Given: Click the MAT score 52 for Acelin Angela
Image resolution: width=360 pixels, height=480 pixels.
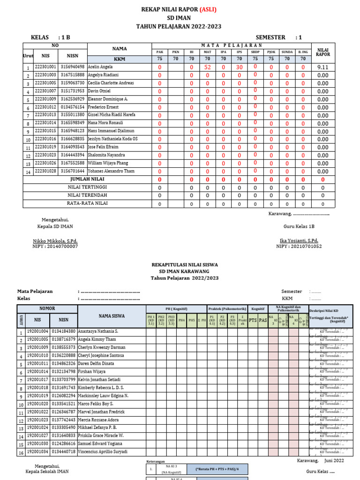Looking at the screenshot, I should [x=207, y=67].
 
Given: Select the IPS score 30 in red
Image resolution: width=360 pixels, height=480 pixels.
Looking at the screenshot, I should [x=239, y=67].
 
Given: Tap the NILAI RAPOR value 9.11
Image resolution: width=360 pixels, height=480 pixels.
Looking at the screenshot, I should [x=322, y=67].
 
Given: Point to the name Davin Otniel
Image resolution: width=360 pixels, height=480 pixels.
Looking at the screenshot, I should [x=99, y=91].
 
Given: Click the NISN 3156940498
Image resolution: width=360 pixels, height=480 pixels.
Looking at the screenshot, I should [x=73, y=67].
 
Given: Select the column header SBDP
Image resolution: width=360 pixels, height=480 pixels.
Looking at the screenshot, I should [x=255, y=52].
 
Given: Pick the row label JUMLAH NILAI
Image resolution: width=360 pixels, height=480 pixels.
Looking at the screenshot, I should [x=88, y=180].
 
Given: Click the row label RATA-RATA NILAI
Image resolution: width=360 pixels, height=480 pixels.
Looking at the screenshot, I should [x=88, y=203].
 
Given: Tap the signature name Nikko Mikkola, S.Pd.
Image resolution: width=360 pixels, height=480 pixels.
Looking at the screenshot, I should [x=55, y=241].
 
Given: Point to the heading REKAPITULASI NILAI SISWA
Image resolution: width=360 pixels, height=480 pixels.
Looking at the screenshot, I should [x=184, y=265].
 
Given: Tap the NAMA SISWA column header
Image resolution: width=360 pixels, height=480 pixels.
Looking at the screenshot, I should [x=112, y=316].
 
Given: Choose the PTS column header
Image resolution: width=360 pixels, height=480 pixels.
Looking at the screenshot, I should [x=253, y=320].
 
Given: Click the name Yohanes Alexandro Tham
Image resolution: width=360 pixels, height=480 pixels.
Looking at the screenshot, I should [x=111, y=171].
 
